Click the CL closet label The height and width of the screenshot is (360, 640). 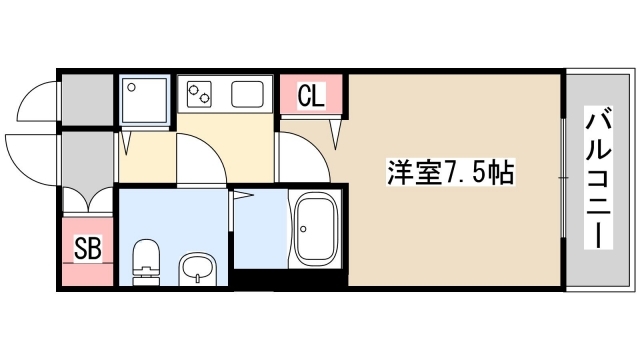point(311,97)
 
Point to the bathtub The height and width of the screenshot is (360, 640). point(317,229)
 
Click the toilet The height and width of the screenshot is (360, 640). point(146,259)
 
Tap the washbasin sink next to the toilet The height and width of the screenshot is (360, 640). point(197,268)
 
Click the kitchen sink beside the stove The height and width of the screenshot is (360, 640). point(247,96)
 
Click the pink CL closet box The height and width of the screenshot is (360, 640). point(311,97)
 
